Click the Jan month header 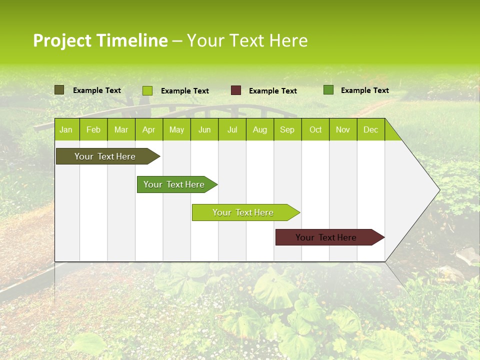(x=66, y=129)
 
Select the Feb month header (x=93, y=129)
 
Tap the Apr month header (x=148, y=129)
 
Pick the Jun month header (x=204, y=129)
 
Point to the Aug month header (x=259, y=129)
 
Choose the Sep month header (x=287, y=129)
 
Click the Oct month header (x=315, y=129)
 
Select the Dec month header (x=370, y=129)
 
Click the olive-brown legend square (x=59, y=90)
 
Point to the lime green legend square (x=147, y=90)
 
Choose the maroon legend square (x=236, y=90)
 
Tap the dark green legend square (x=328, y=90)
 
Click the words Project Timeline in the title (x=100, y=40)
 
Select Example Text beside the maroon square (x=272, y=90)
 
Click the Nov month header (x=342, y=129)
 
